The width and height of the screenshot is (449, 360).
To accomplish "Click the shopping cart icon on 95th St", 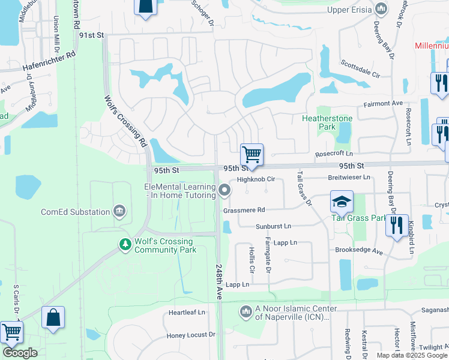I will pyautogui.click(x=252, y=155).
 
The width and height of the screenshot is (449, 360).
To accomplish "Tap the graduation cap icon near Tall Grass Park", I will pyautogui.click(x=341, y=202).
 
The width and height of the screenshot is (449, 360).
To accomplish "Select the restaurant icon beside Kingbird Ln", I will pyautogui.click(x=397, y=226).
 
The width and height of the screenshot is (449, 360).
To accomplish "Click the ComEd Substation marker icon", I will pyautogui.click(x=119, y=211).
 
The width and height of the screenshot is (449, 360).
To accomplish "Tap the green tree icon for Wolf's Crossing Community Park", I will pyautogui.click(x=125, y=244).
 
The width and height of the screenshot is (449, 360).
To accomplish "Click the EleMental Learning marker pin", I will pyautogui.click(x=225, y=191).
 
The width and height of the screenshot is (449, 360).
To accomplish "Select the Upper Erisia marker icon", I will pyautogui.click(x=381, y=9).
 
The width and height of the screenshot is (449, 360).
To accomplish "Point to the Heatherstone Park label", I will pyautogui.click(x=327, y=122).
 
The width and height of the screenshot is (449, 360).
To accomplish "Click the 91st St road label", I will pyautogui.click(x=92, y=35).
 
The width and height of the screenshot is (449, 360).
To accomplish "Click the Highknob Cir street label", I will pyautogui.click(x=256, y=179).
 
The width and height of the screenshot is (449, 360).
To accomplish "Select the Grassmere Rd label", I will pyautogui.click(x=244, y=210).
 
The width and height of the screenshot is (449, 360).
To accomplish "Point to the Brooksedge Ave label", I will pyautogui.click(x=360, y=252).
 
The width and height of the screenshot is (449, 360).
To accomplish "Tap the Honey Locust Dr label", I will pyautogui.click(x=191, y=335).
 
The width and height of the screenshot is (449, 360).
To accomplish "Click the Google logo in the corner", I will pyautogui.click(x=20, y=353).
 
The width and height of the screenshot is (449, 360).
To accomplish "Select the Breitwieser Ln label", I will pyautogui.click(x=349, y=178).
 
